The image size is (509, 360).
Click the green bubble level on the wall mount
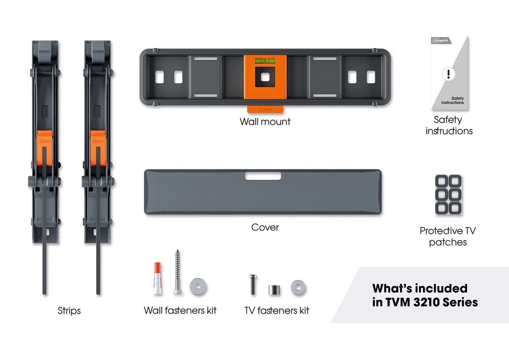pyautogui.click(x=265, y=61)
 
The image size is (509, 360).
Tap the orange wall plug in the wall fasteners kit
pyautogui.click(x=157, y=278)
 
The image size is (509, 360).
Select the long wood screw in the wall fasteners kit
pyautogui.click(x=177, y=272)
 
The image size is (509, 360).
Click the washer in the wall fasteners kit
pyautogui.click(x=198, y=286)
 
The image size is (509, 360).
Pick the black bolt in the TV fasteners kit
pyautogui.click(x=253, y=284)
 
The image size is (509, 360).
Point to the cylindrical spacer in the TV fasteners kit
pyautogui.click(x=274, y=290)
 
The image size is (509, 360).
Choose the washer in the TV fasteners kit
pyautogui.click(x=298, y=287)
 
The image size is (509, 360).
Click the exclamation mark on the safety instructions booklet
pyautogui.click(x=448, y=74)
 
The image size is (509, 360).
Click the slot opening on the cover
pyautogui.click(x=263, y=176)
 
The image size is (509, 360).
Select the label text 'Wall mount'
pyautogui.click(x=265, y=122)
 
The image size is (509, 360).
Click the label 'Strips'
pyautogui.click(x=69, y=311)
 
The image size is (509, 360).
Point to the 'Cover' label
pyautogui.click(x=265, y=227)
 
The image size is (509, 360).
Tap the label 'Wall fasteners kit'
pyautogui.click(x=180, y=310)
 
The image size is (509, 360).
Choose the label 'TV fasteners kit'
pyautogui.click(x=277, y=310)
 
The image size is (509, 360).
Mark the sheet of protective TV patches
pyautogui.click(x=448, y=195)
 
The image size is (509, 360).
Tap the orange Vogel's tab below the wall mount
pyautogui.click(x=265, y=110)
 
